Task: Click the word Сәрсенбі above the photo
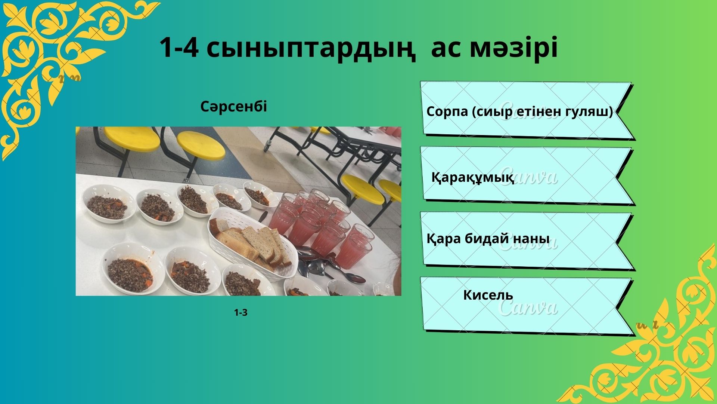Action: pyautogui.click(x=234, y=107)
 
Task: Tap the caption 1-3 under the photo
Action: pyautogui.click(x=240, y=313)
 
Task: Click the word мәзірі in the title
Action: pyautogui.click(x=513, y=48)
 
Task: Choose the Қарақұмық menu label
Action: pyautogui.click(x=473, y=177)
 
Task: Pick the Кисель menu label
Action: pyautogui.click(x=488, y=295)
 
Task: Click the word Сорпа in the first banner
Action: pyautogui.click(x=447, y=111)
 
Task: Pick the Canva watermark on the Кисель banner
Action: pyautogui.click(x=528, y=307)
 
